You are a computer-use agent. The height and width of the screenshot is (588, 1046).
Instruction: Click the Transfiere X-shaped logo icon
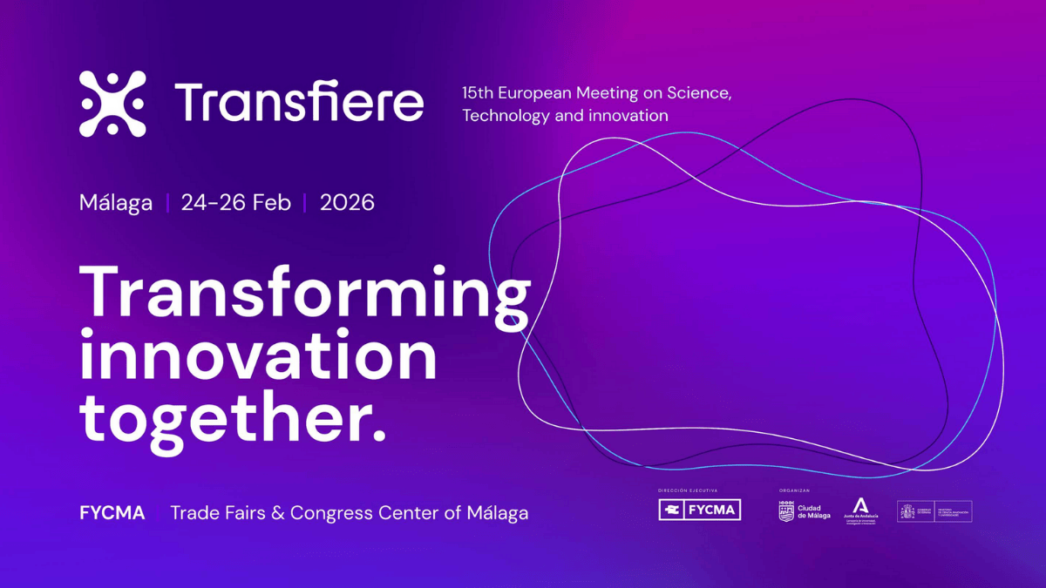(x=112, y=104)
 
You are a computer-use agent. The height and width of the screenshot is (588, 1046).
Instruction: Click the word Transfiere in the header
(x=299, y=103)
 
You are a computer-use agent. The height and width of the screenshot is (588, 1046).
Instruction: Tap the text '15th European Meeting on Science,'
(x=596, y=92)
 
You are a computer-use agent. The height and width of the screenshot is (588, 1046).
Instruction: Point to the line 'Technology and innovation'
(x=565, y=115)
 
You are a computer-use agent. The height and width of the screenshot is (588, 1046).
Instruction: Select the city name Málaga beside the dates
(x=115, y=203)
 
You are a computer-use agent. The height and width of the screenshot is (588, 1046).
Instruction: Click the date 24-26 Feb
(x=235, y=203)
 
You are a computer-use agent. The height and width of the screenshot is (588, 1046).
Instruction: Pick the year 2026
(x=347, y=203)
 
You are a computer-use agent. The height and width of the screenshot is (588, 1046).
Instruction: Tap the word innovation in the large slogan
(x=257, y=357)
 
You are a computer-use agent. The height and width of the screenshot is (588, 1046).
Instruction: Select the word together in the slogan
(x=218, y=420)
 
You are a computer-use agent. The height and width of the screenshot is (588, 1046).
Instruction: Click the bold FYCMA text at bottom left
(x=112, y=512)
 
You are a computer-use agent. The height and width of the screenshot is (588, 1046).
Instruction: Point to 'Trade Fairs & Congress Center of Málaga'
(x=349, y=512)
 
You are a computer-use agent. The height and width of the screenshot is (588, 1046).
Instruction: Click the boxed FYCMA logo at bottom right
(x=699, y=510)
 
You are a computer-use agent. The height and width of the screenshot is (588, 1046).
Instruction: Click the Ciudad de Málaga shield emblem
(x=785, y=511)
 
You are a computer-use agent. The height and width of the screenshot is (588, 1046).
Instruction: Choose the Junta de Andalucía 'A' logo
(x=860, y=508)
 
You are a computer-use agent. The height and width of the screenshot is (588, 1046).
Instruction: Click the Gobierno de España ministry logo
(x=934, y=511)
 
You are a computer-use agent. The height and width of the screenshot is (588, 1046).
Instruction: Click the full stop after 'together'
(x=378, y=435)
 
